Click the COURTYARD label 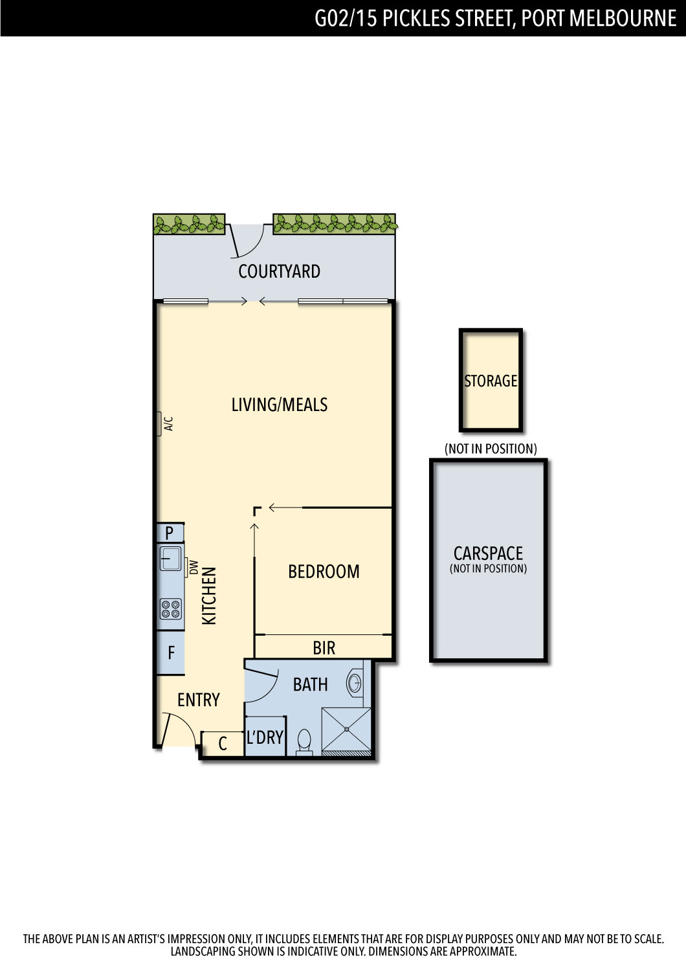tap(279, 271)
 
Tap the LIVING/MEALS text tap(280, 405)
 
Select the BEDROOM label tap(324, 572)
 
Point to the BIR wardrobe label tap(324, 648)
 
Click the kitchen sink tap(171, 559)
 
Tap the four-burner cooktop tap(171, 608)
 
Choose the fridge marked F tap(171, 653)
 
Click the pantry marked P tap(170, 532)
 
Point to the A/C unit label tap(169, 423)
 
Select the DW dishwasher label tap(194, 568)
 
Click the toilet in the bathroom tap(304, 742)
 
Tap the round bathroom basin tap(355, 684)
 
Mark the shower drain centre tap(347, 730)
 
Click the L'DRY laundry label tap(264, 737)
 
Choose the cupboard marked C tap(223, 744)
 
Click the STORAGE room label tap(491, 381)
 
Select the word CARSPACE tap(488, 553)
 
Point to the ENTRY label tap(199, 700)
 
